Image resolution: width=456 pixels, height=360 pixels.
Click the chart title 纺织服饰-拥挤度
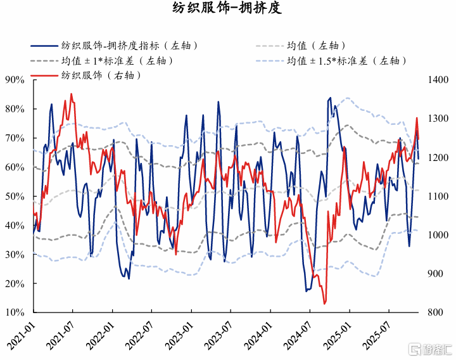227,9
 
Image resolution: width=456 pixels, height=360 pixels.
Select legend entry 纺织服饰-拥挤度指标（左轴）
129,46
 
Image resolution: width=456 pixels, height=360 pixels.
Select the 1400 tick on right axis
438,80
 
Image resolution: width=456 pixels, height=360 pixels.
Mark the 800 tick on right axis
435,312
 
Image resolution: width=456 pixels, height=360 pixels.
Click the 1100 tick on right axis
438,196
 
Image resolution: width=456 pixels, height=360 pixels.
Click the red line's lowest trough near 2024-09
325,304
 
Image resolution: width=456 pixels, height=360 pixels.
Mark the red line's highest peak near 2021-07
71,94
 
